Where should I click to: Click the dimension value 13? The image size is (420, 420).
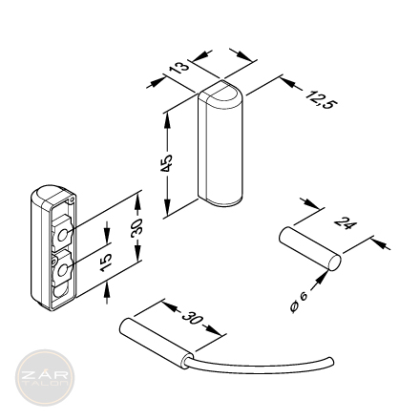point(179,68)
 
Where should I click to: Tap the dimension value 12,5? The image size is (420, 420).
point(321,99)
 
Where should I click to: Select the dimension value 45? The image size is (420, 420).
point(166,163)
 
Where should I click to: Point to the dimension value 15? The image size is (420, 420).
point(106,262)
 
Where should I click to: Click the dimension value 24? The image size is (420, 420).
point(346,223)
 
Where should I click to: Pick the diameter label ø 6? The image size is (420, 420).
point(299,303)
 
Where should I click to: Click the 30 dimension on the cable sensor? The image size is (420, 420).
point(192,318)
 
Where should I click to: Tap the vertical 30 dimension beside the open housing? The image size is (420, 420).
point(136,228)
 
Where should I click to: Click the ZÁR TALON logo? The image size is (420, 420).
point(45,378)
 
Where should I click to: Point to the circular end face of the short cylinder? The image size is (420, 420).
point(334,262)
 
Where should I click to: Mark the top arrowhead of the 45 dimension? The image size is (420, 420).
point(166,119)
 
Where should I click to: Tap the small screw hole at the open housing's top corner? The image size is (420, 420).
point(72,199)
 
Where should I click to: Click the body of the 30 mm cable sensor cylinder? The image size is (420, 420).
point(157,343)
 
